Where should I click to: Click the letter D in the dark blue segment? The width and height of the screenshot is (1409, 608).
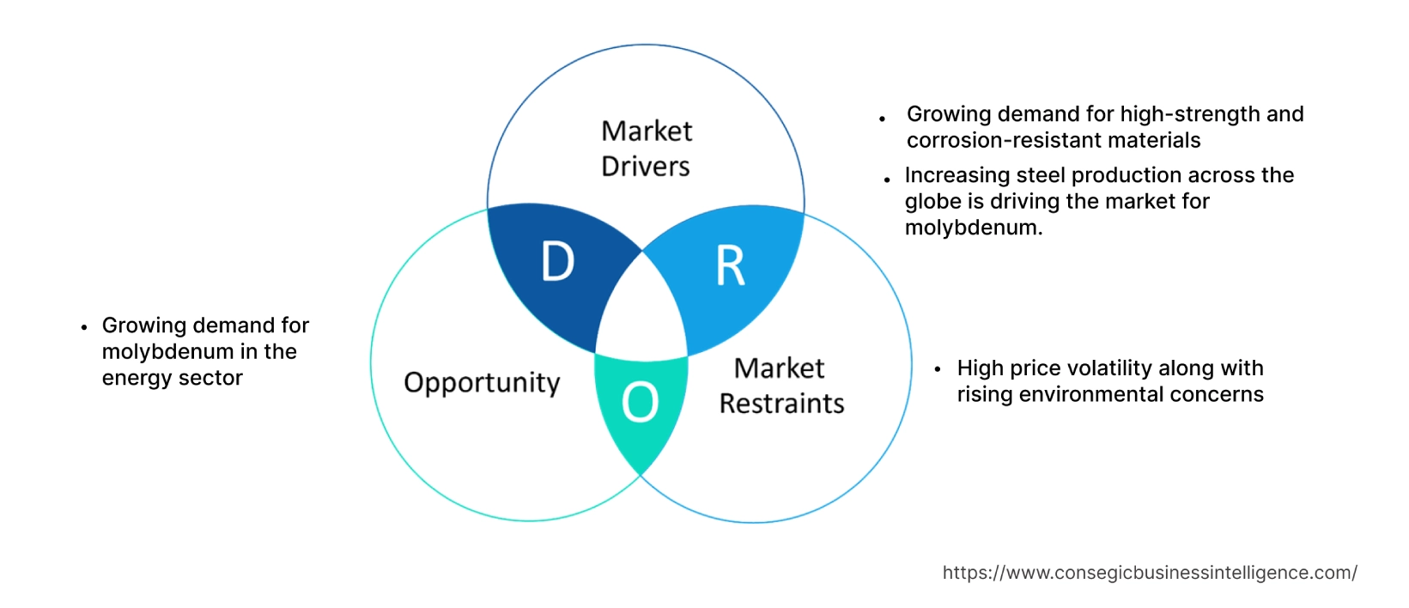558,262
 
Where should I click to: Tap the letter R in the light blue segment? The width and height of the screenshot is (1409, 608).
731,266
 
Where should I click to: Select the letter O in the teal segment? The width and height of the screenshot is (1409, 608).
641,402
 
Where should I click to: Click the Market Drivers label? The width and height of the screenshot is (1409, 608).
646,149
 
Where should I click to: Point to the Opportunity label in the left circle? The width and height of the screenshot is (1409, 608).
482,382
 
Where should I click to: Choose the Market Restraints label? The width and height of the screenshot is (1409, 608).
781,386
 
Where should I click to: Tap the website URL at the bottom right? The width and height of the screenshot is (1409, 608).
1150,573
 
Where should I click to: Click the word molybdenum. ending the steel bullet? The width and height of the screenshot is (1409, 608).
974,228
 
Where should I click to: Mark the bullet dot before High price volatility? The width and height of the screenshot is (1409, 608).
938,369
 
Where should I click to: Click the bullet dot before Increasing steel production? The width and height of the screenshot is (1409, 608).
887,179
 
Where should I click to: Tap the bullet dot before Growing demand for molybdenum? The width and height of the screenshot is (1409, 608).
83,327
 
